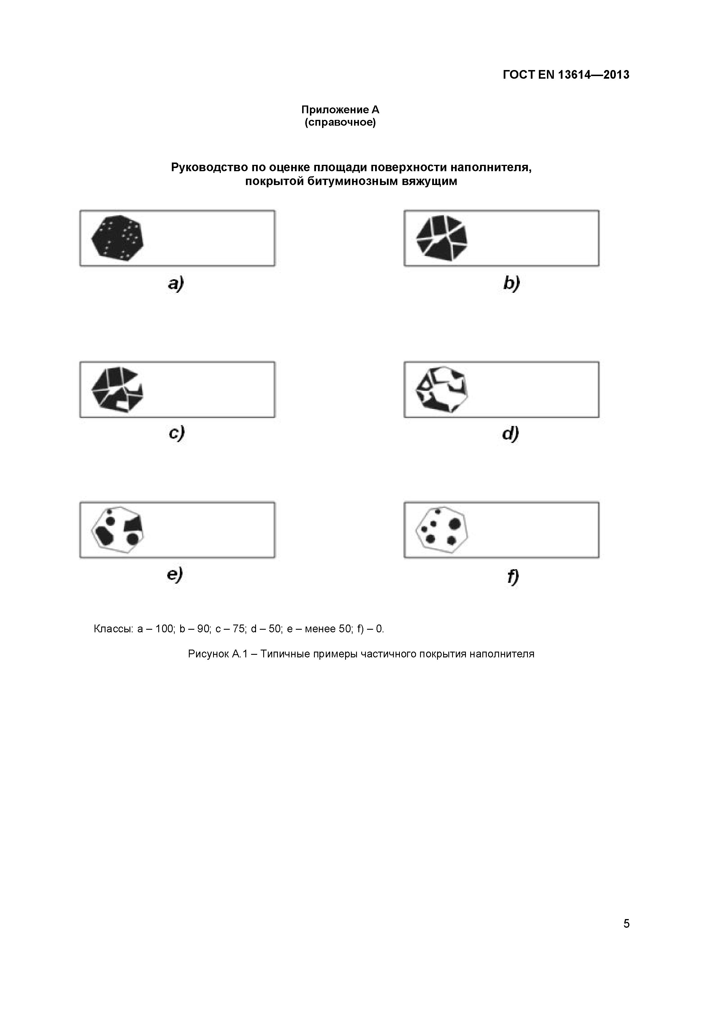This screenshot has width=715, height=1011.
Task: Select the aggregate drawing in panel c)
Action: [x=117, y=389]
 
